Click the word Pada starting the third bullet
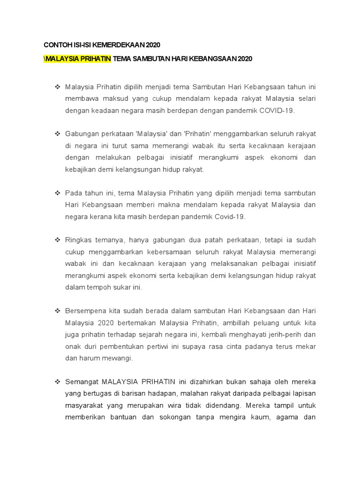[x=74, y=193]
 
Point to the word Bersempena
[x=87, y=311]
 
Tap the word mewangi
[x=119, y=358]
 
